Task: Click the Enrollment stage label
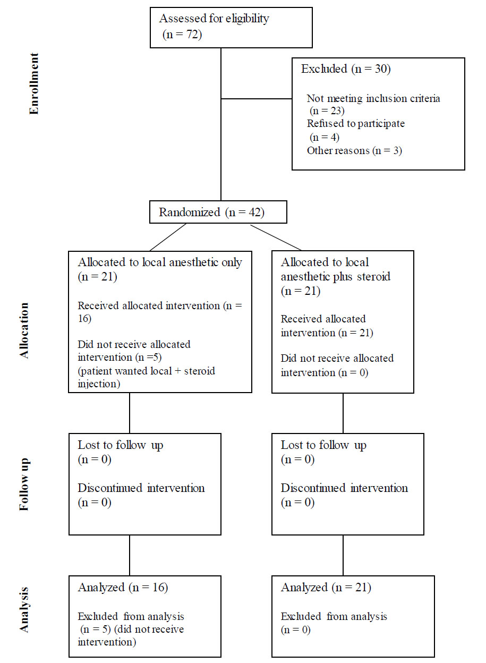point(34,83)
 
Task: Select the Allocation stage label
point(24,330)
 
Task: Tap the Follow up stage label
point(24,484)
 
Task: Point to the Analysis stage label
point(24,610)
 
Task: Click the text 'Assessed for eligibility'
point(214,19)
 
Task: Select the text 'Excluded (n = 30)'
point(346,69)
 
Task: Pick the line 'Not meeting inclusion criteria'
point(373,98)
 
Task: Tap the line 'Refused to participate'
point(355,123)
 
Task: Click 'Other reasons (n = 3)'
point(354,150)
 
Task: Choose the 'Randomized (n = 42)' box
point(218,212)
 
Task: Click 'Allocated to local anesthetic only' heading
point(160,262)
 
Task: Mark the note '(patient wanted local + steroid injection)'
point(146,377)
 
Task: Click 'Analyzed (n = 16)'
point(123,587)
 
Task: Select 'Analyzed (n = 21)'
point(326,587)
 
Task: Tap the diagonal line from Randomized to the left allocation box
point(168,237)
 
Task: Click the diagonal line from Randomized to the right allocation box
point(276,237)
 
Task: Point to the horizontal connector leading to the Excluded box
point(257,99)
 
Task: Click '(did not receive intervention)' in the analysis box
point(131,635)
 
